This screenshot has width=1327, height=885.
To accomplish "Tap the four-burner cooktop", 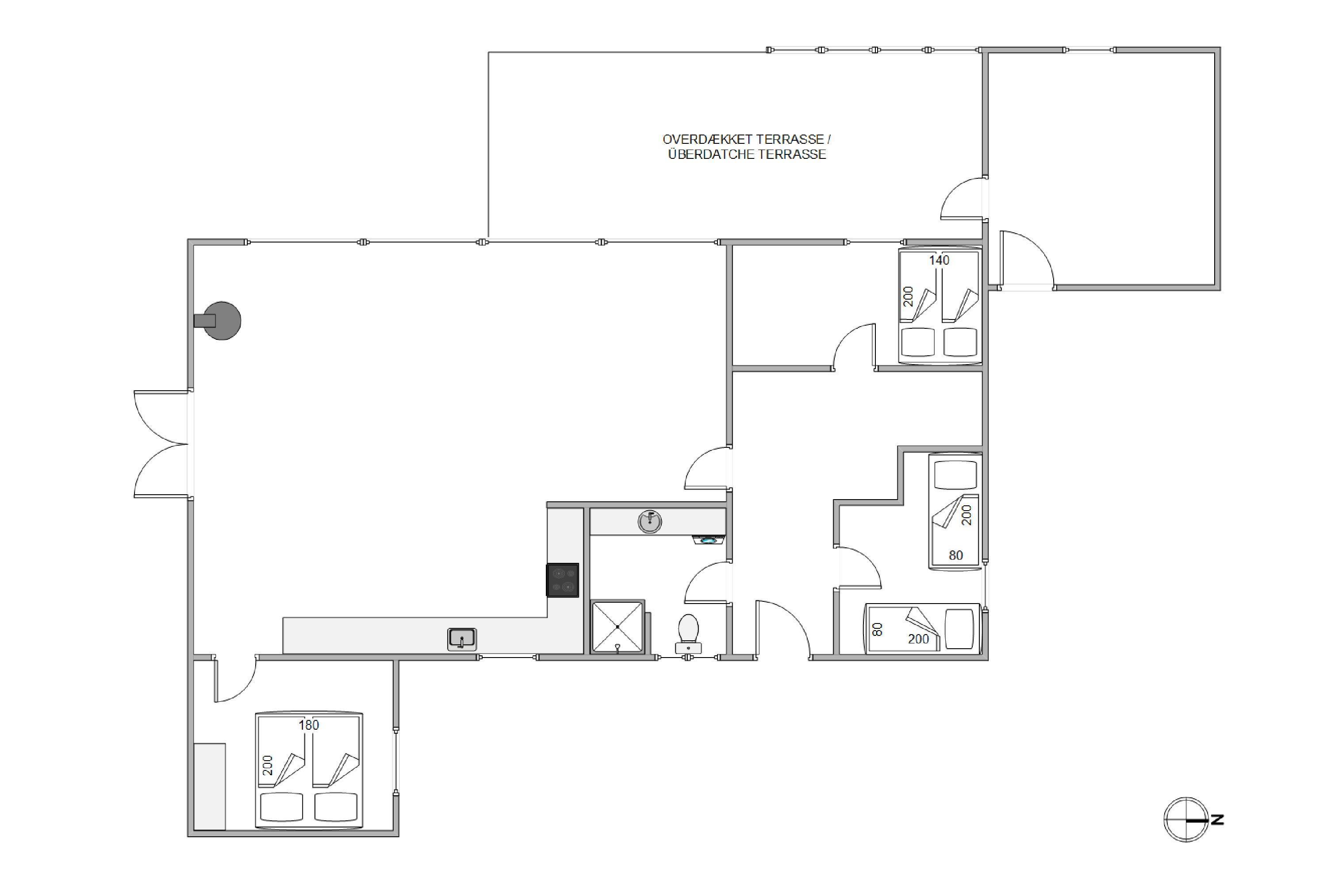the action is click(x=563, y=580).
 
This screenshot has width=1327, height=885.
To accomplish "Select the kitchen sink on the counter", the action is click(x=462, y=639).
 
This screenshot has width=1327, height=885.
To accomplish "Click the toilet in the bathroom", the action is click(x=688, y=634).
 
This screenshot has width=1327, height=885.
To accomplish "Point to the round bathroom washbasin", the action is click(x=650, y=522).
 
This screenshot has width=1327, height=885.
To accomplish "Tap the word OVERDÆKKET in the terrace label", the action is click(x=707, y=139).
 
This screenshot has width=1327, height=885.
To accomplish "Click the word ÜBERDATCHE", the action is click(x=711, y=154).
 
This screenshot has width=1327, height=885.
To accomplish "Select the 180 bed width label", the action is click(x=309, y=725).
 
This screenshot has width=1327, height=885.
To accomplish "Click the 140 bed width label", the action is click(x=940, y=260).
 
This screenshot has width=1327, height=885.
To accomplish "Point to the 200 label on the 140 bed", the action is click(x=908, y=296).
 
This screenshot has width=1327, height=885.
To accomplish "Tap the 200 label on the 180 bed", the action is click(x=268, y=765).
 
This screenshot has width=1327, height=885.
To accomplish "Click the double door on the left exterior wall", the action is click(x=161, y=444).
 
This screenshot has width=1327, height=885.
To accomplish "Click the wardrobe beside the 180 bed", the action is click(x=209, y=786).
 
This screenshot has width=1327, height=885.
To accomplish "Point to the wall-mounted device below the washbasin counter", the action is click(x=708, y=540).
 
